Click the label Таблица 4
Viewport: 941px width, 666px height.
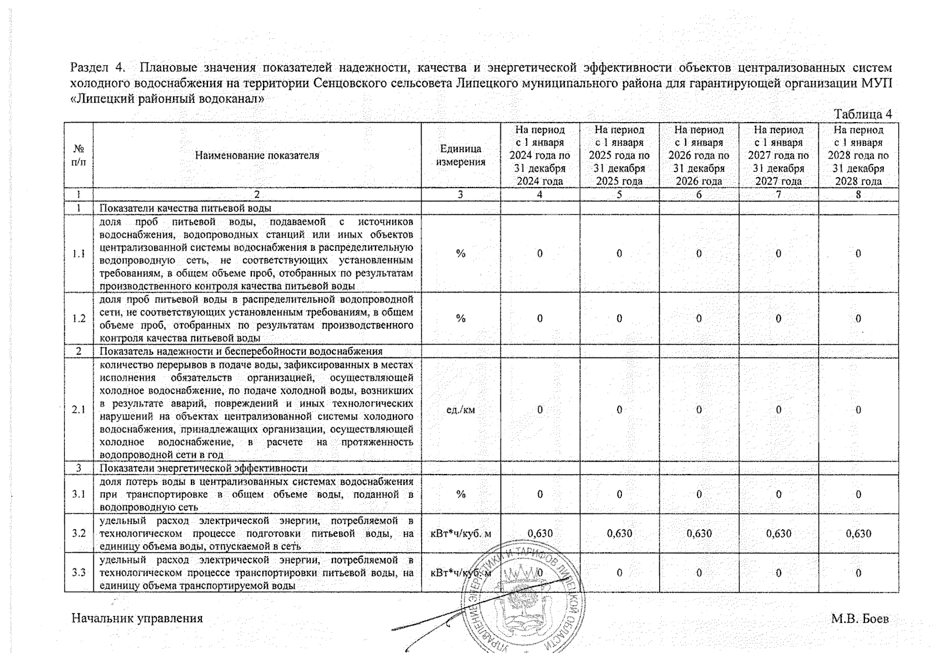pos(863,114)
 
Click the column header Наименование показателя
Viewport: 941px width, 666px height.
pos(257,155)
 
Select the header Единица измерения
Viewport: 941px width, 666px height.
pos(461,155)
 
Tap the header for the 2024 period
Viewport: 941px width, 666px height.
pos(540,155)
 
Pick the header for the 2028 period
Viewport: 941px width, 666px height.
pos(858,155)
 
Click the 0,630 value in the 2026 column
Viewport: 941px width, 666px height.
pos(699,533)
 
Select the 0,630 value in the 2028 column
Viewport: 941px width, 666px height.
pos(858,533)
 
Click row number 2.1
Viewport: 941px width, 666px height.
pos(79,410)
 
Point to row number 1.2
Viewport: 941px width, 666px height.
pos(79,319)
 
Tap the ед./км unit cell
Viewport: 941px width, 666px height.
pos(461,410)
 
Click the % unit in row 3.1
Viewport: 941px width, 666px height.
pos(461,494)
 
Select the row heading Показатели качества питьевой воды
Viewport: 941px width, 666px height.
pos(185,209)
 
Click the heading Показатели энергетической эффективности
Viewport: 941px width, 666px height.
pos(203,468)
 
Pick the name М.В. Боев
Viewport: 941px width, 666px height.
pos(859,618)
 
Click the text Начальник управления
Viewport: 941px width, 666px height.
pos(137,618)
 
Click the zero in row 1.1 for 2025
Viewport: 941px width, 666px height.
pos(619,254)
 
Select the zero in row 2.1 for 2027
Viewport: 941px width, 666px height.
pos(778,410)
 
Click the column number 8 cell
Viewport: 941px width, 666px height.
pos(858,195)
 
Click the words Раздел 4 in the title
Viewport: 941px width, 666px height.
pos(97,68)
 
